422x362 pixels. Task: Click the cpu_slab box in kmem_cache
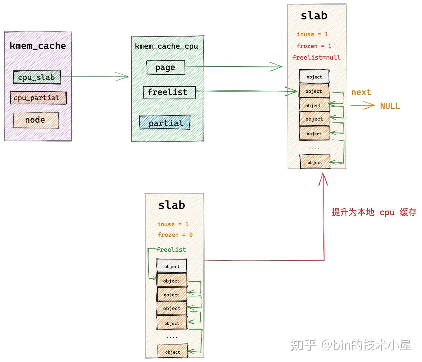click(x=37, y=77)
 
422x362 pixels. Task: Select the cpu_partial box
click(x=38, y=98)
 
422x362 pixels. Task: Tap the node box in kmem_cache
click(x=36, y=120)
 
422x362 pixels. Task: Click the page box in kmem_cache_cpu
click(x=165, y=67)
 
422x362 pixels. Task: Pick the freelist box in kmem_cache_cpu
click(x=169, y=92)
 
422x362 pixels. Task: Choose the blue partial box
click(x=165, y=123)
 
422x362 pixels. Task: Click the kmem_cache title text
click(x=38, y=46)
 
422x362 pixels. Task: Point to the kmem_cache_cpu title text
click(x=167, y=46)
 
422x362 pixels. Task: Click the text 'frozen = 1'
click(x=314, y=46)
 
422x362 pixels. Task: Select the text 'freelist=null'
click(x=316, y=58)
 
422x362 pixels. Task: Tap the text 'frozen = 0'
click(x=175, y=235)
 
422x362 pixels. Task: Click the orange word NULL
click(x=390, y=106)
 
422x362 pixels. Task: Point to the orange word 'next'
click(x=361, y=92)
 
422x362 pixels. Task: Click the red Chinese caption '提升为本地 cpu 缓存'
click(x=374, y=212)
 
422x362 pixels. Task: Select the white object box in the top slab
click(x=314, y=77)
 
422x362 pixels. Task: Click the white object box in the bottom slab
click(x=172, y=266)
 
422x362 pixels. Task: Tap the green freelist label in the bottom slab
click(x=171, y=249)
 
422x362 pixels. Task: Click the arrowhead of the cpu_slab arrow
click(x=124, y=77)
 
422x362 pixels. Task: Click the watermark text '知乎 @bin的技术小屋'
click(x=351, y=345)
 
